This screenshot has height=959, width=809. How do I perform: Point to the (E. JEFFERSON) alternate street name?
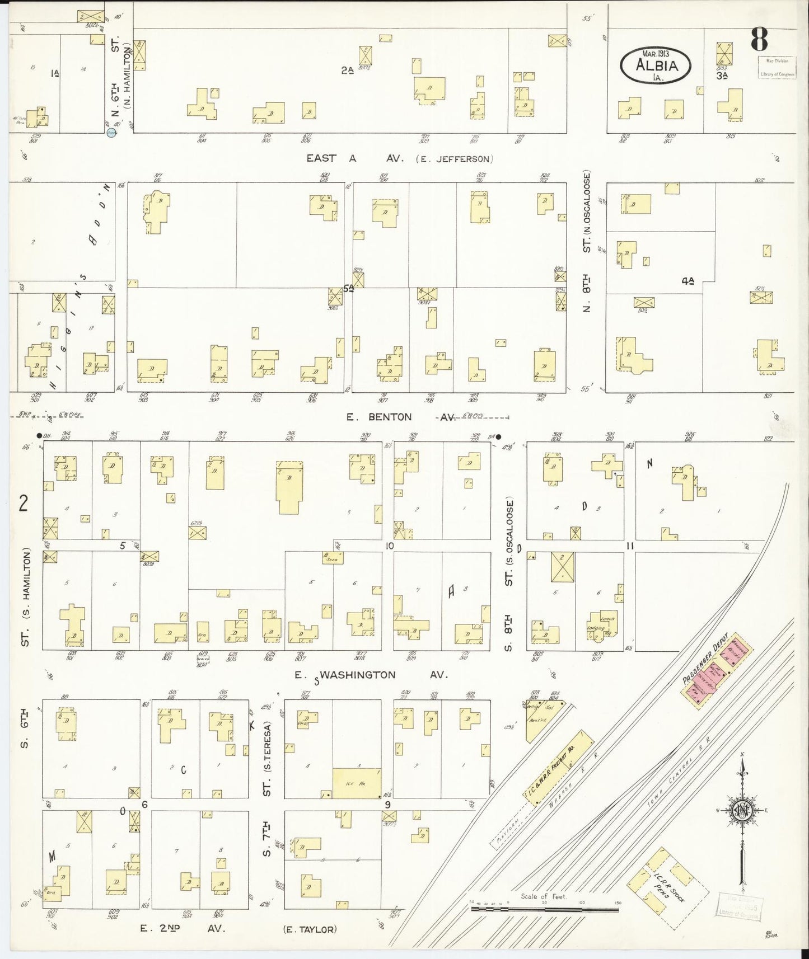pos(455,159)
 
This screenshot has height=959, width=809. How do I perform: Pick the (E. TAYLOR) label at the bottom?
pos(310,929)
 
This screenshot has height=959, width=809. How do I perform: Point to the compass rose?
pos(742,812)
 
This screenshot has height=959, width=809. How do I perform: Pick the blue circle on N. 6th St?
pos(111,133)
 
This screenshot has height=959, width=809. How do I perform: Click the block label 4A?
pos(688,281)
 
